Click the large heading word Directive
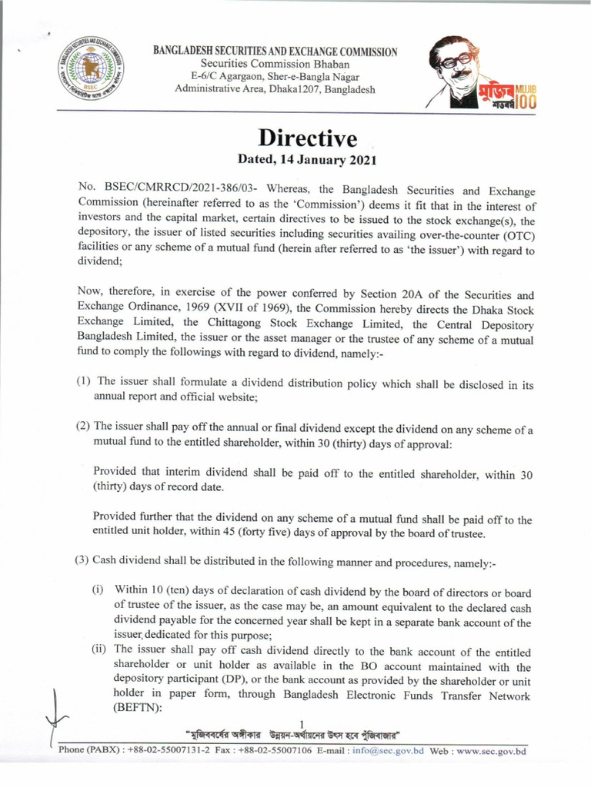pos(307,139)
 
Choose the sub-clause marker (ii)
pos(97,651)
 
